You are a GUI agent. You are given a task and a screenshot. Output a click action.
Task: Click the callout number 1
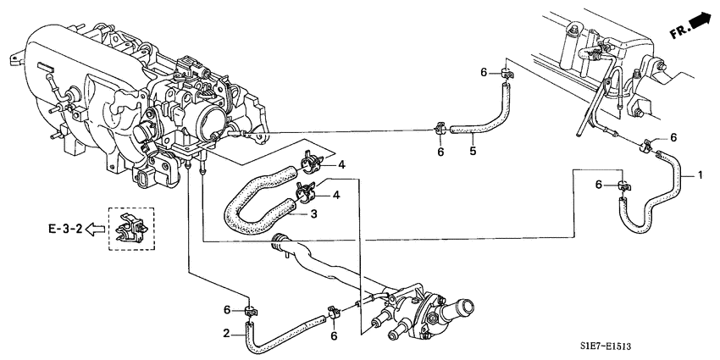(700, 175)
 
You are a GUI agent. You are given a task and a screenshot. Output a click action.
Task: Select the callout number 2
(226, 334)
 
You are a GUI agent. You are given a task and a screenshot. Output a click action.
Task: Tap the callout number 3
(313, 213)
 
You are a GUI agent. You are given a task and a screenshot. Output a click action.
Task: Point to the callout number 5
(473, 151)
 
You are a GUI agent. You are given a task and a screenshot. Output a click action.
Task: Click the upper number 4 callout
(341, 165)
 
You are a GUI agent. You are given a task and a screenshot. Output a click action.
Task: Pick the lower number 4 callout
(336, 195)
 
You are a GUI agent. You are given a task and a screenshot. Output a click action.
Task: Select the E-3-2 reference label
(64, 228)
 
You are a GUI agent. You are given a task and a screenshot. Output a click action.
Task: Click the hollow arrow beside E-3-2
(96, 228)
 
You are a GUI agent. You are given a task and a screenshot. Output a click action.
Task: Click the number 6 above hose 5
(483, 72)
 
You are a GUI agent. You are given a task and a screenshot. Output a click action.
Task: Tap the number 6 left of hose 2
(226, 310)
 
